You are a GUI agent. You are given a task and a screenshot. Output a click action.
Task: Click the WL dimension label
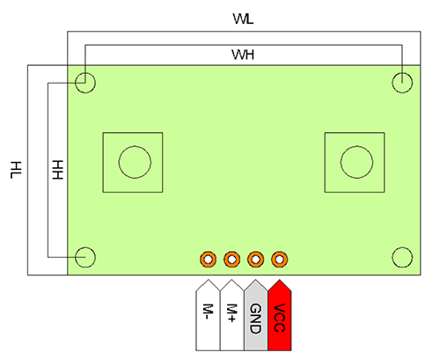click(x=243, y=18)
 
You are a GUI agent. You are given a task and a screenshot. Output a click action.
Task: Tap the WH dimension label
click(x=243, y=55)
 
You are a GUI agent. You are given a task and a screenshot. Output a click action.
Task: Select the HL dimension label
click(x=16, y=170)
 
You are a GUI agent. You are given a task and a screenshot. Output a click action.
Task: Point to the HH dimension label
click(x=57, y=170)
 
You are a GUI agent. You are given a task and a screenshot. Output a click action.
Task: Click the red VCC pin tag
click(x=280, y=315)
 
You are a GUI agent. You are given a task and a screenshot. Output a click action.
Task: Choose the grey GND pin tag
click(x=255, y=315)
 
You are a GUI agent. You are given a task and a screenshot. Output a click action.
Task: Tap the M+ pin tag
click(x=231, y=315)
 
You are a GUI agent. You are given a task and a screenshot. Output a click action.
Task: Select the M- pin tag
click(x=208, y=315)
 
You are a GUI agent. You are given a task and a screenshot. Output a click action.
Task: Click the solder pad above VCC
click(x=280, y=260)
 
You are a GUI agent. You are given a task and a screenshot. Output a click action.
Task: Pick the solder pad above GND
click(x=255, y=260)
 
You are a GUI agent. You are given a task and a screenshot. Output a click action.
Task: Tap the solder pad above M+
click(x=231, y=260)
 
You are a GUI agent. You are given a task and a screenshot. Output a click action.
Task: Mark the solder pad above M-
click(x=208, y=260)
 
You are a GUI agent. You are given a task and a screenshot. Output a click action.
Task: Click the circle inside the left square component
click(x=135, y=146)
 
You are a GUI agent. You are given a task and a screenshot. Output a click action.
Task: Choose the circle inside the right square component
click(x=356, y=146)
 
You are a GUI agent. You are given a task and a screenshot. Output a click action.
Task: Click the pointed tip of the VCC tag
click(x=280, y=280)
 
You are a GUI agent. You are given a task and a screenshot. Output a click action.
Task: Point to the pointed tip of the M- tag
click(x=208, y=280)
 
